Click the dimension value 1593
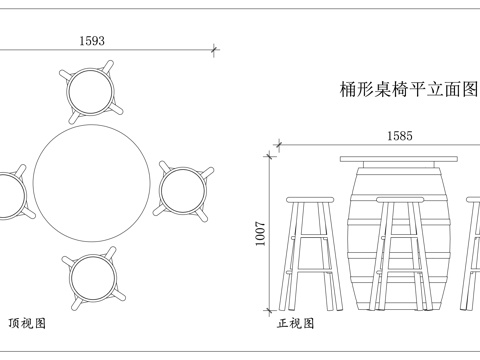(91, 40)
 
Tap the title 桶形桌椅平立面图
(408, 89)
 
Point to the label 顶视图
(28, 324)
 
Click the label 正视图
(296, 324)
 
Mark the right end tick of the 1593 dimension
(216, 49)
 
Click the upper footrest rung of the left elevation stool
(311, 238)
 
